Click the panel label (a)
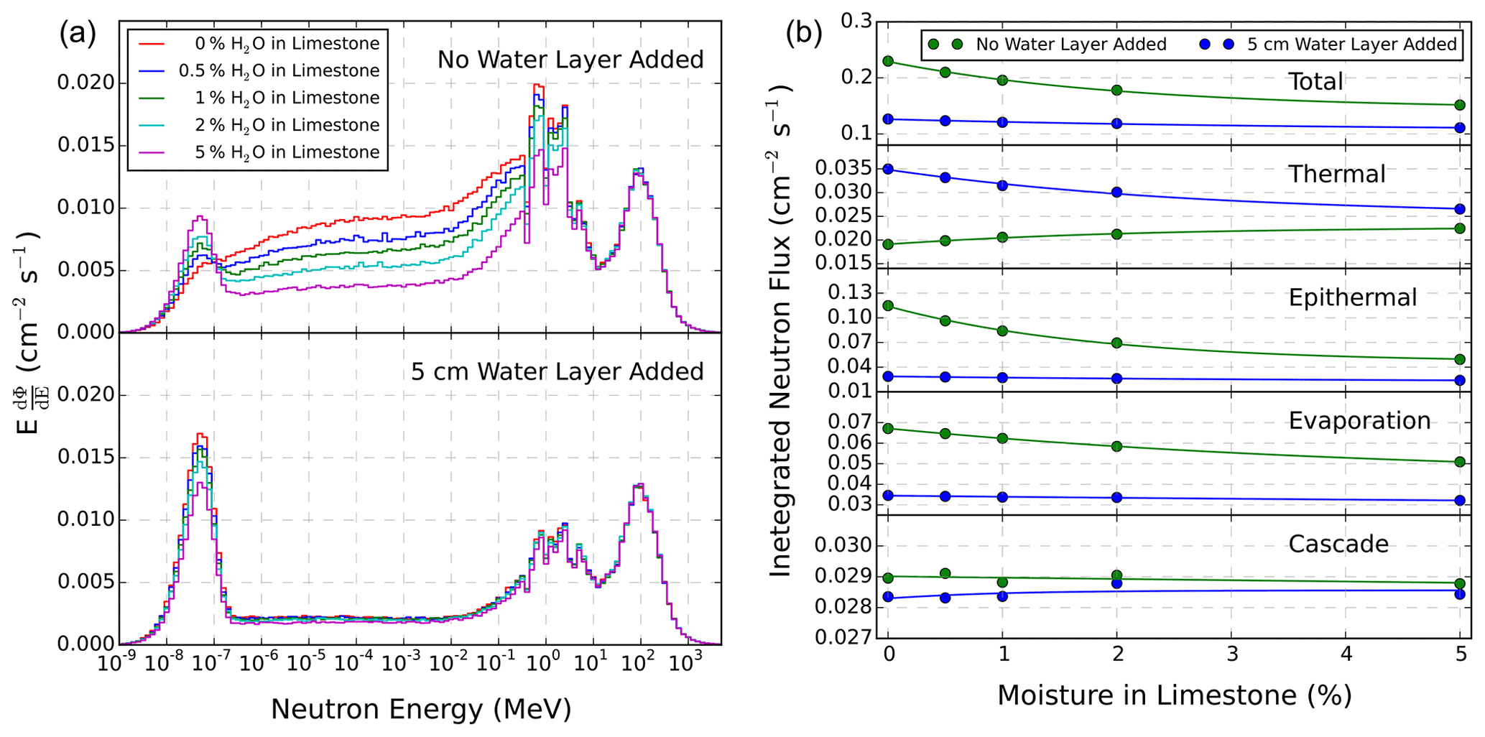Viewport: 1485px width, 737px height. click(78, 34)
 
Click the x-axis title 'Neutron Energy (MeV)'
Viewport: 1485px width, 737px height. click(421, 710)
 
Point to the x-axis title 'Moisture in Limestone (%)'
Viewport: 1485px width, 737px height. click(1175, 695)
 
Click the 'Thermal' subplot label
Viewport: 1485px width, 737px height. click(1336, 175)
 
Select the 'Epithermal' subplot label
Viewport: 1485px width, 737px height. click(1352, 298)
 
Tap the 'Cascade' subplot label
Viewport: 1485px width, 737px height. click(1338, 544)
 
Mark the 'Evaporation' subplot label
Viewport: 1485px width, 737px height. click(1359, 421)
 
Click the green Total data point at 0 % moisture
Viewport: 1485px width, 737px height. click(889, 62)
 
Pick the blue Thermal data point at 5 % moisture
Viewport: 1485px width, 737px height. click(1460, 210)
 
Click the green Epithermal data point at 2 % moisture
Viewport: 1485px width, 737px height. click(1117, 343)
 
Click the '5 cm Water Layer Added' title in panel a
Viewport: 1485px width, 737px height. click(557, 372)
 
